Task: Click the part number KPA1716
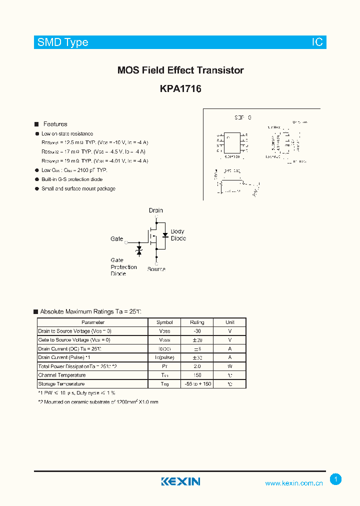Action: pos(180,89)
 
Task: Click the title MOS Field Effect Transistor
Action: pos(180,70)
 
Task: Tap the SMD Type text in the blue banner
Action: pos(63,42)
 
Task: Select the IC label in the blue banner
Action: pos(317,42)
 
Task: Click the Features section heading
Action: pos(55,124)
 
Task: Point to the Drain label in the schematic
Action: pos(156,210)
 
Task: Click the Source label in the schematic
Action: pos(156,269)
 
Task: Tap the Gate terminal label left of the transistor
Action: pos(116,239)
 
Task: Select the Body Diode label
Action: pos(178,235)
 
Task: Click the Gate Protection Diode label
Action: pos(123,267)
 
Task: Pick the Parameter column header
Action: pos(93,322)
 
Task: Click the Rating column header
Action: pos(197,322)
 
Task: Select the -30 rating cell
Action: pos(197,331)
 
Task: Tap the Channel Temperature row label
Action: pos(62,375)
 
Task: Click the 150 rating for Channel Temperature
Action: pos(197,375)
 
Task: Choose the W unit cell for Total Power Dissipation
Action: pos(230,366)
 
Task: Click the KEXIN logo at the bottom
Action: pos(180,481)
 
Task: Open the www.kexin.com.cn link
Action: pos(294,483)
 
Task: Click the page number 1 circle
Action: pos(336,479)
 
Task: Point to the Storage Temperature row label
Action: pos(61,384)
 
